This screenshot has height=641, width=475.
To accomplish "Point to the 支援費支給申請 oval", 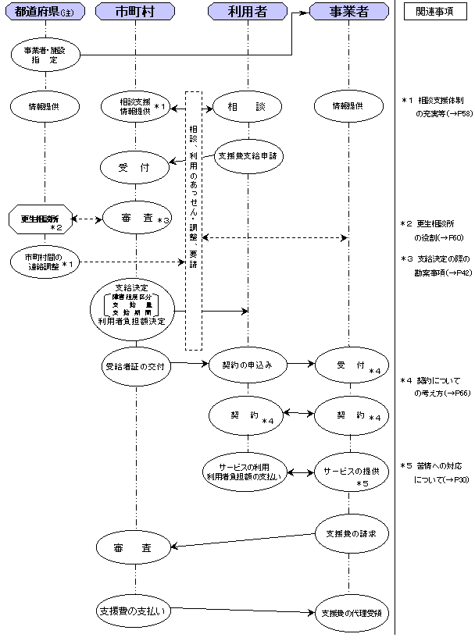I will (x=247, y=155).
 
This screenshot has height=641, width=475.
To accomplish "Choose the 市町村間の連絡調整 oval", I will (x=43, y=261).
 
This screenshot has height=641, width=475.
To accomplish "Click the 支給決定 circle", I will (x=137, y=308).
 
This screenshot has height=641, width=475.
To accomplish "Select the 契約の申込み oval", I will (x=246, y=365).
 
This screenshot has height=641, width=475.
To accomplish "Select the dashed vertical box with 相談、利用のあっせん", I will (x=194, y=221).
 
